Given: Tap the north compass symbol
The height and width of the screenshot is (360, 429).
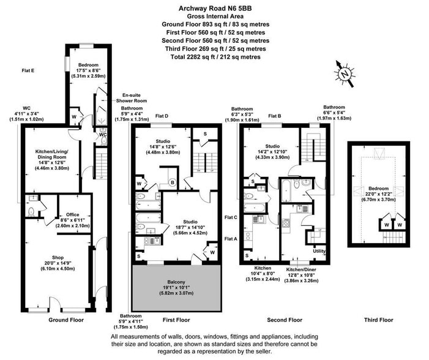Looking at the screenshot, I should [346, 73].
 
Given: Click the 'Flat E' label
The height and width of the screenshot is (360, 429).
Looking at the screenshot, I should [28, 71].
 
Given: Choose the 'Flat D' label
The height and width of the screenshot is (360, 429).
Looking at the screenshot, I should [162, 116].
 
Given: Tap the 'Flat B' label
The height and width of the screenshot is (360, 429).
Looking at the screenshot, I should [275, 116].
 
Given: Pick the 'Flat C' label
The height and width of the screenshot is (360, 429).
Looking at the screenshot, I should [231, 217].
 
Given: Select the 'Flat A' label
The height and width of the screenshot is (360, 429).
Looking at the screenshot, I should [231, 238].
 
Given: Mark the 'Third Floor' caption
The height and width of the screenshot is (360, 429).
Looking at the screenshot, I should [378, 320].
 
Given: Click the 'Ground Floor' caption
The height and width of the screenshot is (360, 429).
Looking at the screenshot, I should [66, 320].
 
